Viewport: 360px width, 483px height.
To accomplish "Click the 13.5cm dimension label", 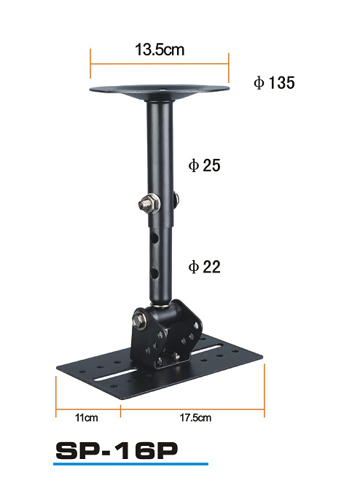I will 160,50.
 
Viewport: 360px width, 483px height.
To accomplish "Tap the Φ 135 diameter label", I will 274,83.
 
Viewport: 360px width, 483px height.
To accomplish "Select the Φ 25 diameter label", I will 204,165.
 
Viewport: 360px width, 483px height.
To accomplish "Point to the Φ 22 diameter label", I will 204,267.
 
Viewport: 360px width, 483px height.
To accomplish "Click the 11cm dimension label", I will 86,417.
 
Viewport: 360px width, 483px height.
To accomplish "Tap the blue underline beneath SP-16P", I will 131,463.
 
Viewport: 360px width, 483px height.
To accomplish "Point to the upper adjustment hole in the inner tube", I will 155,237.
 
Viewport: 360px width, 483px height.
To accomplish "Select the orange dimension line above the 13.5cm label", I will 160,63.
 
